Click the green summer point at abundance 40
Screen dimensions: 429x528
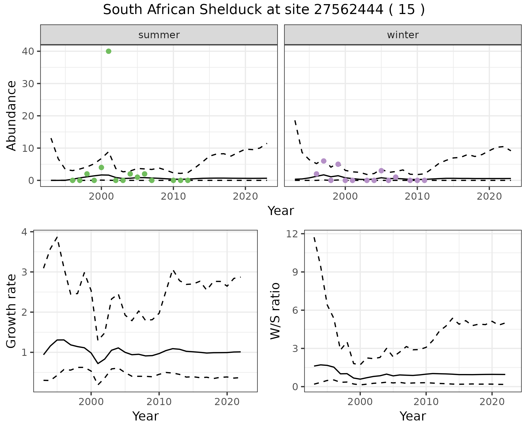[x=109, y=51]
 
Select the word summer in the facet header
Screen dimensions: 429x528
[x=159, y=35]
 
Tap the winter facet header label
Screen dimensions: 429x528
[x=403, y=35]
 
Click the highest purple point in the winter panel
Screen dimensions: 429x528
[x=324, y=161]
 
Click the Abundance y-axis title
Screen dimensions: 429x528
[x=12, y=116]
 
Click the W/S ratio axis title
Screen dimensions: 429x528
[x=275, y=311]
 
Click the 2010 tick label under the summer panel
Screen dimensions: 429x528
[x=173, y=196]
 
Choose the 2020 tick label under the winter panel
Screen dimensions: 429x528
[x=489, y=196]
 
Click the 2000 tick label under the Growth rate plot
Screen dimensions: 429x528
[x=91, y=402]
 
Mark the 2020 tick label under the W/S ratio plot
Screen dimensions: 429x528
[x=492, y=402]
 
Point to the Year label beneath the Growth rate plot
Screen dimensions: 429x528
[x=145, y=416]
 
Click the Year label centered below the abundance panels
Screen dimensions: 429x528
[x=281, y=211]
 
